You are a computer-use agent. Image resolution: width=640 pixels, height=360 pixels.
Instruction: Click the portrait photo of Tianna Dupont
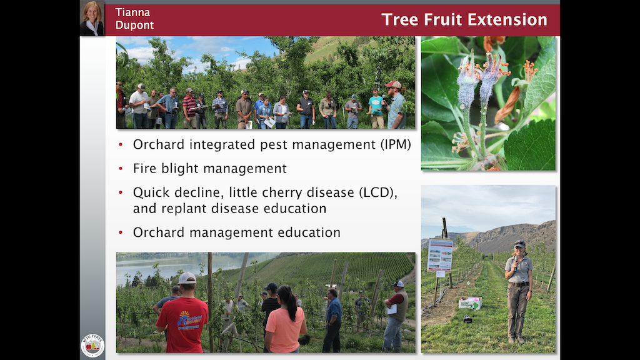coord(92,19)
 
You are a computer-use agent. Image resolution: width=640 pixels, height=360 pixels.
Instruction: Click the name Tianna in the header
coord(132,12)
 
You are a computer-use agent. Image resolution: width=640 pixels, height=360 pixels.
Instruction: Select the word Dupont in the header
coord(134,26)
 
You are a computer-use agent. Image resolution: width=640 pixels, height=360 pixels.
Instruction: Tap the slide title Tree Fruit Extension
coord(464,19)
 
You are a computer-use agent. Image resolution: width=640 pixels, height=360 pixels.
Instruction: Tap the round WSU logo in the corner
coord(92,344)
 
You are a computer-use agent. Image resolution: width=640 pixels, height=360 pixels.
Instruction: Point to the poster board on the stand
coord(440,255)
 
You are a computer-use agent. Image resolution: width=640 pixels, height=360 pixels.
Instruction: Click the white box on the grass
coord(470,302)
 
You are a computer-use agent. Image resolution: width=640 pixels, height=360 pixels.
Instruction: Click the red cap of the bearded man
coord(393,84)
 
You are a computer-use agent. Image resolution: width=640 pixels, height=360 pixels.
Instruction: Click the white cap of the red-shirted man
coord(187,278)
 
